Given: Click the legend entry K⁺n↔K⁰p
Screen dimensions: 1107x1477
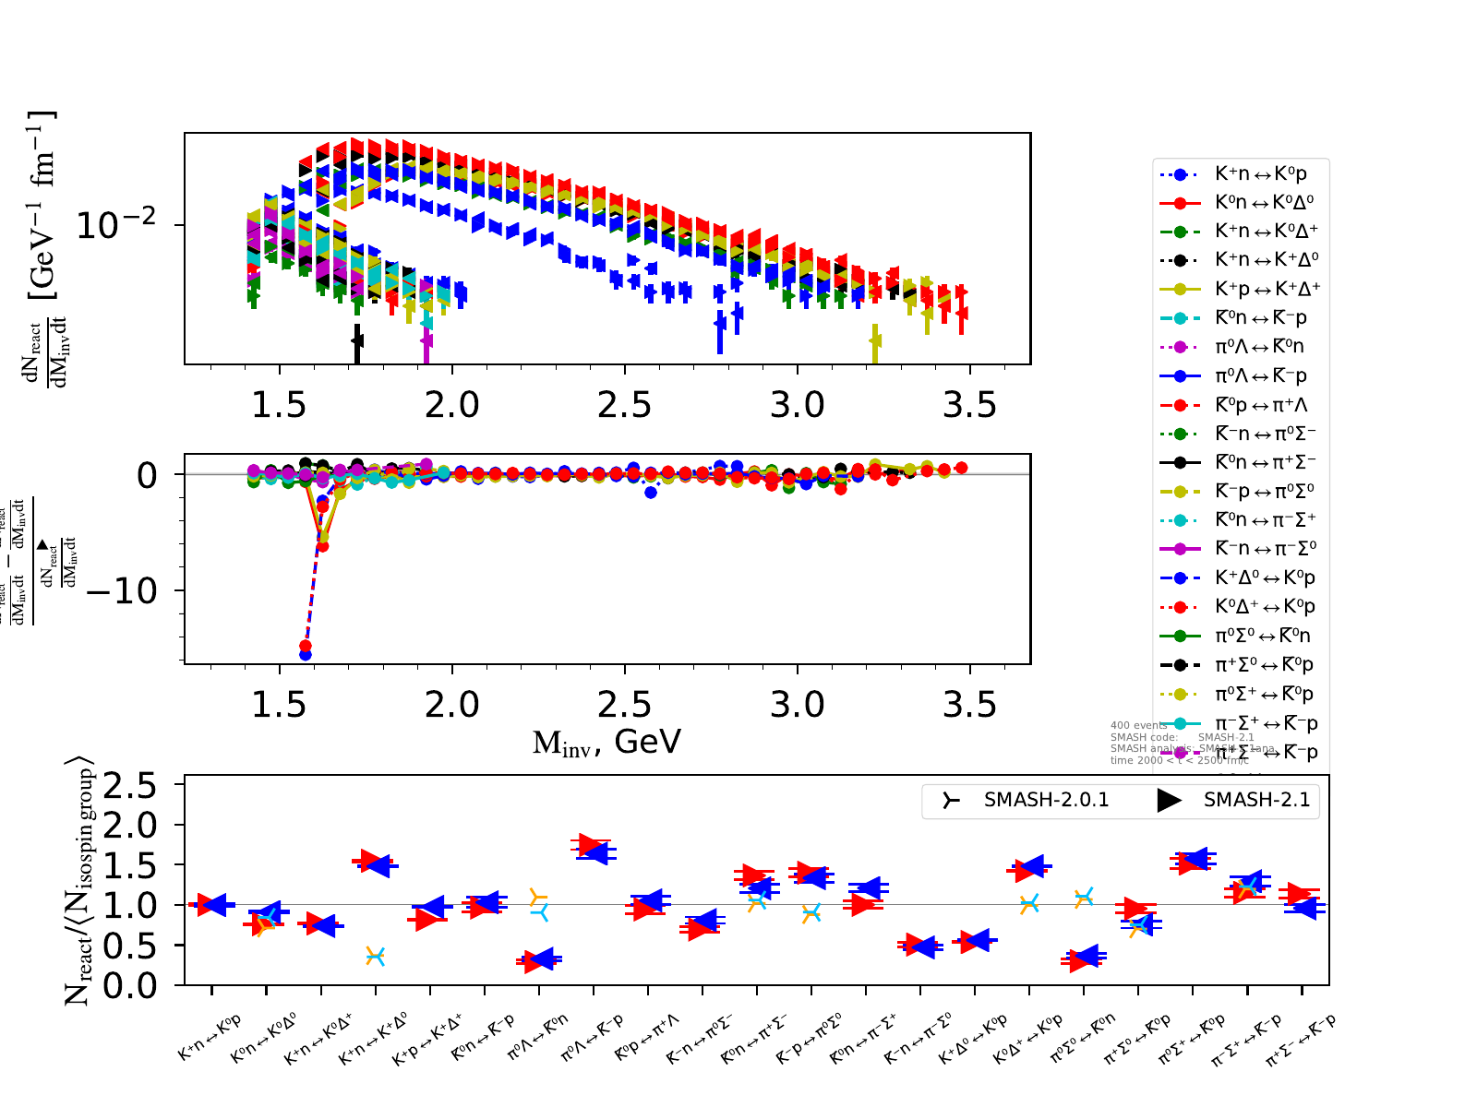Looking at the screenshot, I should coord(1260,173).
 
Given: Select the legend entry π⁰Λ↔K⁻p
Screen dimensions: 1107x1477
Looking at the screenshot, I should coord(1260,375).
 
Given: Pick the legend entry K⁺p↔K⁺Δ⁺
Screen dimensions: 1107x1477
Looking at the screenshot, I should coord(1267,289).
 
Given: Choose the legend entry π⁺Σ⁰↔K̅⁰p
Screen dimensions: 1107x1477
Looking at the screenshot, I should coord(1264,664).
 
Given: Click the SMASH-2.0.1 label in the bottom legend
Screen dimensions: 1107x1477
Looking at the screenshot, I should coord(1046,800).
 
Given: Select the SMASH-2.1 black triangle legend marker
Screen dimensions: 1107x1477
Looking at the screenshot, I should coord(1170,800).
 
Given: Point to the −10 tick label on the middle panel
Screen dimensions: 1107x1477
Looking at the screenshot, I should coord(121,590).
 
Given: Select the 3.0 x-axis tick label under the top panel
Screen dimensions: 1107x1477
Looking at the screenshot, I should coord(797,404).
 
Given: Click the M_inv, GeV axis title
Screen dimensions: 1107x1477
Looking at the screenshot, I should coord(606,742).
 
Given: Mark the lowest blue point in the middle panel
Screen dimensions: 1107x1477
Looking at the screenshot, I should coord(306,655).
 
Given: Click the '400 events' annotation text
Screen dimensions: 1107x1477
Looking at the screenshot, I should coord(1139,725).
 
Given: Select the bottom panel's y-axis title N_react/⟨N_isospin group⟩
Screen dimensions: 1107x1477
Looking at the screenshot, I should coord(79,881).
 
